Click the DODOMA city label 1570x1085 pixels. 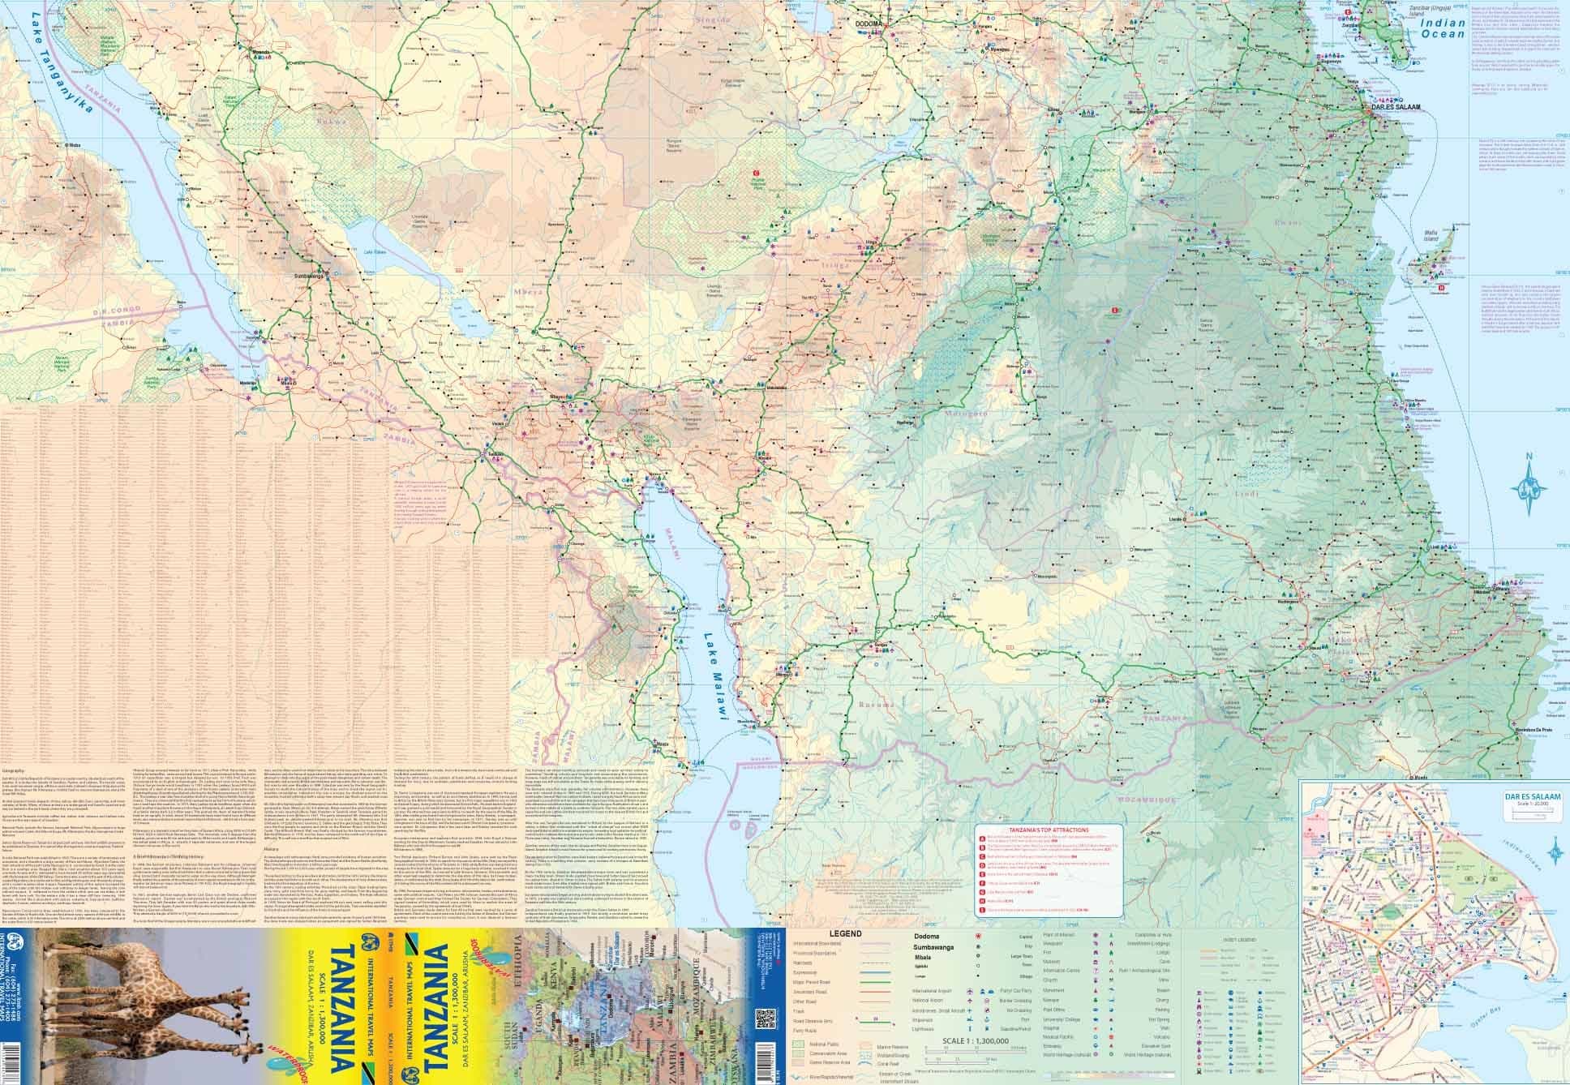pyautogui.click(x=871, y=24)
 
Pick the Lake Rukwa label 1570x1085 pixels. pyautogui.click(x=375, y=253)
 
